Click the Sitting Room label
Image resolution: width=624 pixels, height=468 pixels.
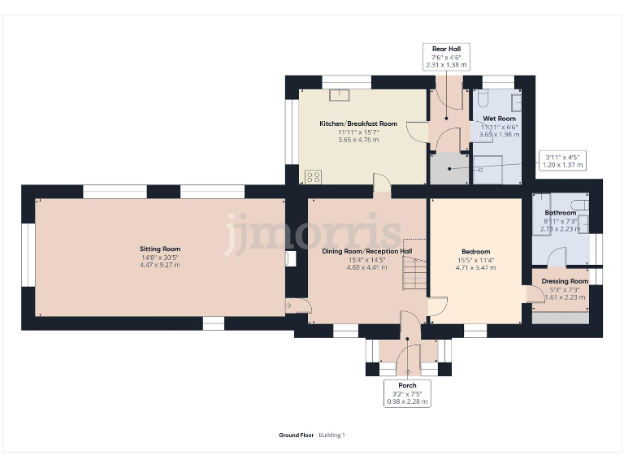(160, 249)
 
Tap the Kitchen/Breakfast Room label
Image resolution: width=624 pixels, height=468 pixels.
(358, 123)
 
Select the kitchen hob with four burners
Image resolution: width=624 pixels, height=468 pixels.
(313, 176)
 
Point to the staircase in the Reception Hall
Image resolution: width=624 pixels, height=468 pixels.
(414, 265)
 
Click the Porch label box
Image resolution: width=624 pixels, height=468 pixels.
(407, 392)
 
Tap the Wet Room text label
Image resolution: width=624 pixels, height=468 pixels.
(499, 119)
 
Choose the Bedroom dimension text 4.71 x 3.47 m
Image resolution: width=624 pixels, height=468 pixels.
(475, 267)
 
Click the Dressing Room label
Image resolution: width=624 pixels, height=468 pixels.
(564, 281)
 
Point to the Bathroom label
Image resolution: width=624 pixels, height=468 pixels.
(560, 213)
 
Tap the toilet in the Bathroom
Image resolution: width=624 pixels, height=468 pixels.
(578, 205)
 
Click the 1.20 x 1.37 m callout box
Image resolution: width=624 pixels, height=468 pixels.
(562, 159)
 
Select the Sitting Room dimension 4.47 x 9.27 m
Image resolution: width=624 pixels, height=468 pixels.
(160, 265)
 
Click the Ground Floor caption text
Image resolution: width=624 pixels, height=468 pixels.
(296, 435)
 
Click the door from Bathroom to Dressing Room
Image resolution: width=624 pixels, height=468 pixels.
(557, 259)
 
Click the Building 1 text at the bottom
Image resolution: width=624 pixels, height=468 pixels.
(331, 435)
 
